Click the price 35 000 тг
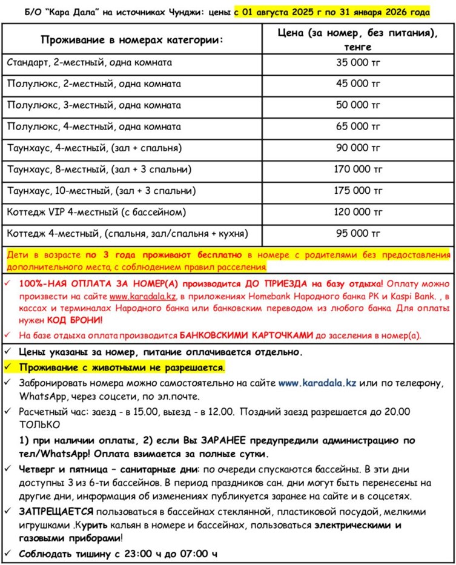359,62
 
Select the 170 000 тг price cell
359,169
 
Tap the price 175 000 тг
359,191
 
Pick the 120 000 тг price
359,212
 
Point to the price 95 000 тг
359,233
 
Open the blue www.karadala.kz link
317,383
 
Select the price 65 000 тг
359,127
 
